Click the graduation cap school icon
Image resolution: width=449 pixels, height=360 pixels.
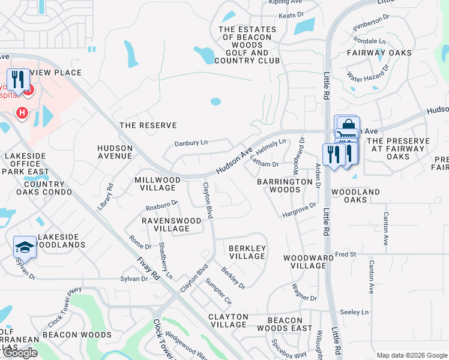(25, 247)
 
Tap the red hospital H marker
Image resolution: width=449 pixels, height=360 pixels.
(22, 112)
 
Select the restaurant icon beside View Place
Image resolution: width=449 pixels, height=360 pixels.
(18, 80)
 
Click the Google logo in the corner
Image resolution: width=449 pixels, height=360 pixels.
(20, 353)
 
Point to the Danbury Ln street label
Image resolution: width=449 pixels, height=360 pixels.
(190, 143)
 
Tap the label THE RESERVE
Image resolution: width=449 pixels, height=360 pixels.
(148, 125)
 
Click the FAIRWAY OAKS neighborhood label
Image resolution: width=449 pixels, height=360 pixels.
(379, 53)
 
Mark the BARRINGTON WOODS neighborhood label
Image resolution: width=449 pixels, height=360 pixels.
(279, 185)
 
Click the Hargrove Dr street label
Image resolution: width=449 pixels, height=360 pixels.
(299, 210)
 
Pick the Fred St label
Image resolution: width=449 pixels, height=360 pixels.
(346, 254)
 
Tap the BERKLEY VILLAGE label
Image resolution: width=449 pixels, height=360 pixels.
(247, 252)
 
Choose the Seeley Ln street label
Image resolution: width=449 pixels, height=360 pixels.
(354, 312)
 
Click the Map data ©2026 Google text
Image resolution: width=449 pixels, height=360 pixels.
(411, 355)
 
